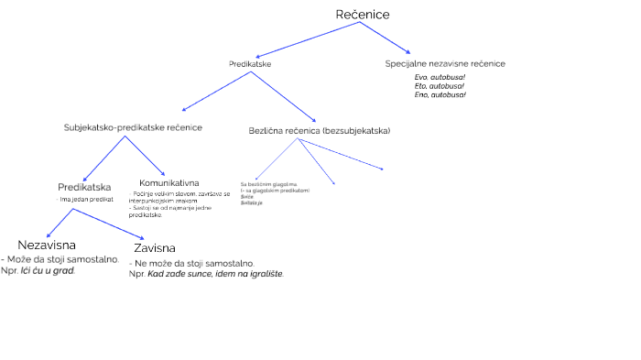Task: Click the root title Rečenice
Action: tap(363, 15)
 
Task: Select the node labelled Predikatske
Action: tap(249, 64)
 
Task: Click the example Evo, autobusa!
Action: tap(440, 78)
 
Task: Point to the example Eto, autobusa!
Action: tap(440, 86)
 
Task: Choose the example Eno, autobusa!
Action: tap(440, 94)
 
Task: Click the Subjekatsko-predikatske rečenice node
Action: tap(133, 127)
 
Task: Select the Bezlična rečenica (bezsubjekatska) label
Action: tap(320, 131)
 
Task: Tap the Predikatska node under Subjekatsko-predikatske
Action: tap(84, 188)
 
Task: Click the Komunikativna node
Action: tap(169, 183)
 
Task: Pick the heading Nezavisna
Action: tap(46, 245)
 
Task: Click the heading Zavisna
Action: tap(154, 248)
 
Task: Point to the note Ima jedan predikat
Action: tap(87, 199)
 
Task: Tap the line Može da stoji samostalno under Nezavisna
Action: tap(62, 259)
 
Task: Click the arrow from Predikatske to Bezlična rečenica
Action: tap(284, 96)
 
